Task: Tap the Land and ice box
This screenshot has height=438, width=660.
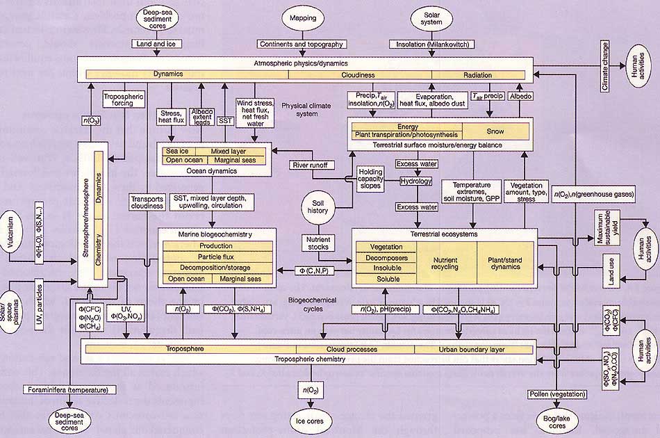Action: pos(156,44)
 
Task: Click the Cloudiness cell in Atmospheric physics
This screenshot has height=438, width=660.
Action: pos(358,74)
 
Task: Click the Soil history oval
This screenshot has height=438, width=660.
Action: pos(319,208)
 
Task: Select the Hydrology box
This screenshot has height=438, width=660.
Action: pos(415,181)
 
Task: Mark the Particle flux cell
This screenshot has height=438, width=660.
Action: pos(216,257)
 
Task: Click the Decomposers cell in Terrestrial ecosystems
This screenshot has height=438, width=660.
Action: pos(386,257)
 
